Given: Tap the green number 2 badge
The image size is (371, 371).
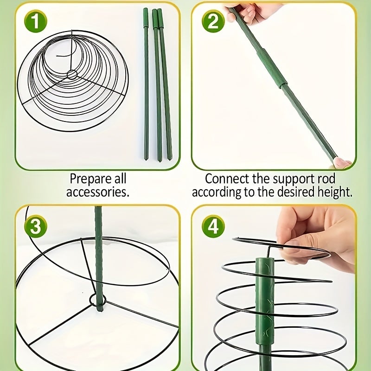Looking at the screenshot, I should [x=213, y=22].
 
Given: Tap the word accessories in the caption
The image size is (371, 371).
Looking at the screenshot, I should [x=97, y=192].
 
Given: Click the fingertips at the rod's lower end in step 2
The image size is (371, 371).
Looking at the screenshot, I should [x=342, y=163].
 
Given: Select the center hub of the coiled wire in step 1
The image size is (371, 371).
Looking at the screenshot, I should [x=72, y=74].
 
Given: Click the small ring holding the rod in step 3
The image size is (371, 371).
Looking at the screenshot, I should [x=98, y=301].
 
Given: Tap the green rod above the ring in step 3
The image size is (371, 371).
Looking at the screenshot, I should [x=98, y=250].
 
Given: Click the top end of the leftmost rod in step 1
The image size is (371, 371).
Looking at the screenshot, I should [x=146, y=11].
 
